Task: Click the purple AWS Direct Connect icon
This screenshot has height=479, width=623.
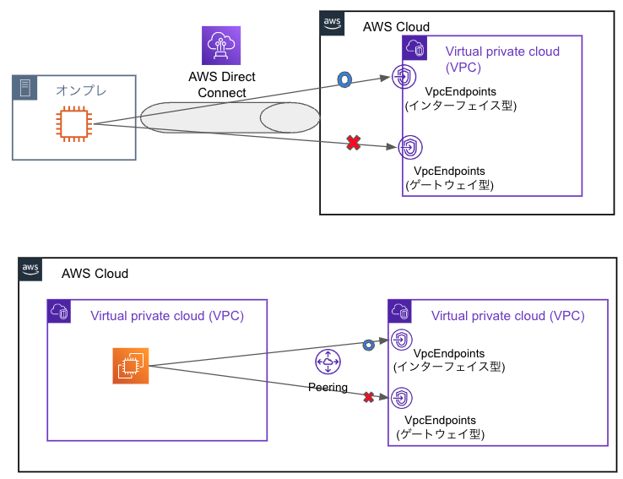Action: (x=221, y=46)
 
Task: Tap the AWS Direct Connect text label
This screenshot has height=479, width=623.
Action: (x=221, y=84)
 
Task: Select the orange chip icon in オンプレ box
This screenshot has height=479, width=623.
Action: (x=73, y=124)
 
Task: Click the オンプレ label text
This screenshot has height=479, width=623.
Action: (x=81, y=89)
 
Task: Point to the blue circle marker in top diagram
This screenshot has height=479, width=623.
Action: (x=344, y=79)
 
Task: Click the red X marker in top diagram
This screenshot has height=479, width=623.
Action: (x=354, y=144)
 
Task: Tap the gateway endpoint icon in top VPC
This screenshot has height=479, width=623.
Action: (x=409, y=148)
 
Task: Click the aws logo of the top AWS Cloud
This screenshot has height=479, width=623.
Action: (x=333, y=24)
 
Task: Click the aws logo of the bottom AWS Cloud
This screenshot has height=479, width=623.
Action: (x=31, y=270)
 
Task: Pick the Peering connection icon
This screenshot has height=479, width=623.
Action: (x=328, y=362)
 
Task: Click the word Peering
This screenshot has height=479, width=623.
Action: (x=328, y=387)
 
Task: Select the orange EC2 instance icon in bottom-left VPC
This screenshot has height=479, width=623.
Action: (x=130, y=366)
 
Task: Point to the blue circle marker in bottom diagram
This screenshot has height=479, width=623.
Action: (x=368, y=345)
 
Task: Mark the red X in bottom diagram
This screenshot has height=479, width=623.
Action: (x=368, y=396)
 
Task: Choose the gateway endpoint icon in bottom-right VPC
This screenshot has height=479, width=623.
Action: (x=403, y=396)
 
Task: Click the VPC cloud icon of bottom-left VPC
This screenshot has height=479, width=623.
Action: (x=59, y=311)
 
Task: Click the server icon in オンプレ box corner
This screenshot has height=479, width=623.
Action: (x=24, y=87)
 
